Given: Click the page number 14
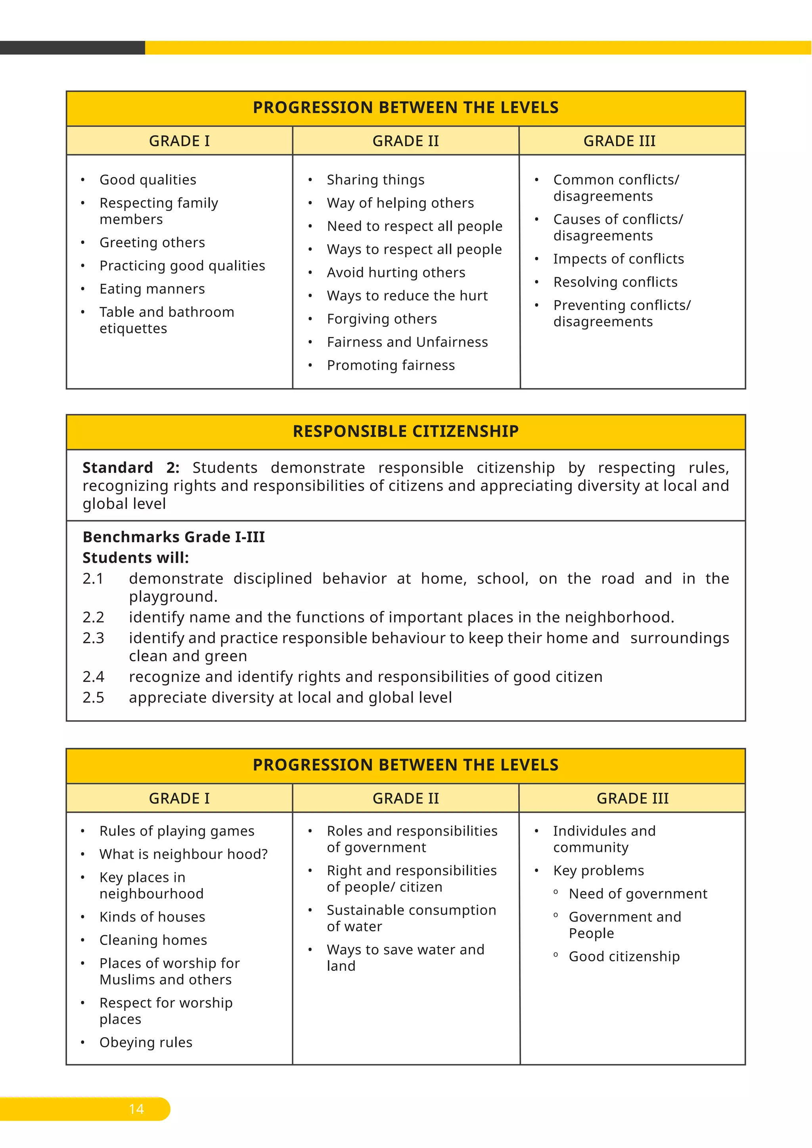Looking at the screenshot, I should pos(136,1109).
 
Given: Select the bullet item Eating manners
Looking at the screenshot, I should pos(152,289).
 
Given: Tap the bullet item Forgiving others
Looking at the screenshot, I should pos(381,319).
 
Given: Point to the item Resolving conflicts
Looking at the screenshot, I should pos(615,282).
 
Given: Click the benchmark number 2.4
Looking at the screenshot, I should pos(93,677).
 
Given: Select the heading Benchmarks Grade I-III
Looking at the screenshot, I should pos(174,537).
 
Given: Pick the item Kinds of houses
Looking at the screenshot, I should pos(152,917).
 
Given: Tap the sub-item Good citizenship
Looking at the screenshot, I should pos(624,957).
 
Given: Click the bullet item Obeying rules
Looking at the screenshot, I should pos(146,1043).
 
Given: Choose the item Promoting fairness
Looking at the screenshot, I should pos(391,365).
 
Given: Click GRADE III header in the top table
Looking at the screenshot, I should pos(619,141).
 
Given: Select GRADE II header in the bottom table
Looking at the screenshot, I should pos(406,798).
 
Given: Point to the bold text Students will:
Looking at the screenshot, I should pos(136,558).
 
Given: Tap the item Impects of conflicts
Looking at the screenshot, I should pos(618,259).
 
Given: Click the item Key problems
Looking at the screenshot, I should pos(598,871).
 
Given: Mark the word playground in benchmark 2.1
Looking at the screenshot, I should pos(172,597).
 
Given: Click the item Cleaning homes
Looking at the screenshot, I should pos(153,940).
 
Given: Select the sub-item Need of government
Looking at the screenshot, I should pos(638,894).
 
